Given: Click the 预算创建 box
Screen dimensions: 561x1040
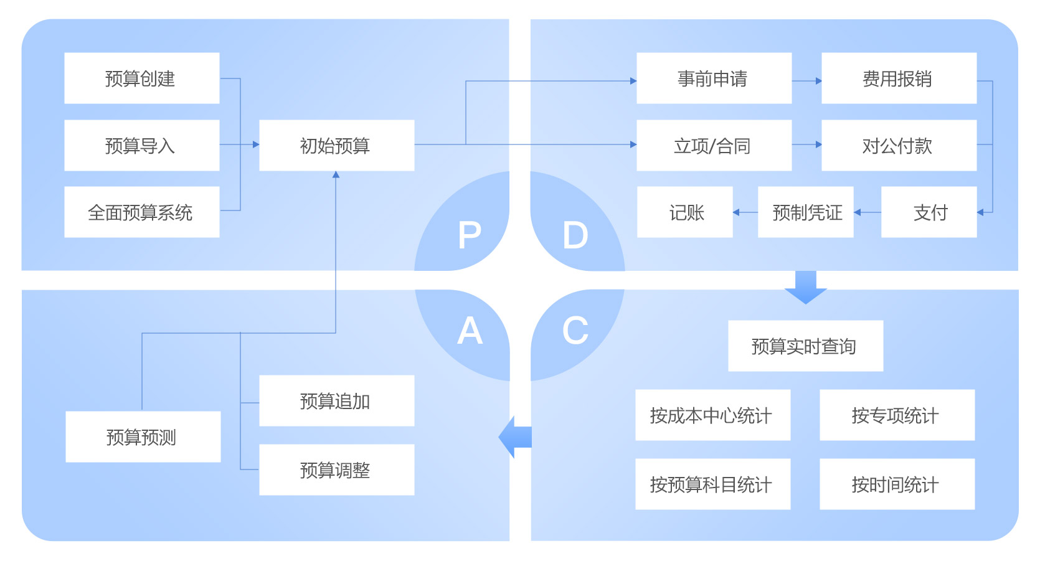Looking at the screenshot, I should click(x=141, y=78).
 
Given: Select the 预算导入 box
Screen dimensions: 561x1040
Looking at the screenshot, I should click(x=141, y=146).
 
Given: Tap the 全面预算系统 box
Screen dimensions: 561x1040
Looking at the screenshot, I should click(x=141, y=212).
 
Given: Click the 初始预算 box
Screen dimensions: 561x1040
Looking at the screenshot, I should click(x=336, y=146).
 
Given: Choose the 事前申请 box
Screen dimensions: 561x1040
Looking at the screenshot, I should click(x=714, y=78).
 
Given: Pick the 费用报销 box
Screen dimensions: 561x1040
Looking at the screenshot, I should click(x=899, y=78).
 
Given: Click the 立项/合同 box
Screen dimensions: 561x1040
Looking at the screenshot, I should click(x=714, y=146).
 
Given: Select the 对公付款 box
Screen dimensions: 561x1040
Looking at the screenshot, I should click(x=899, y=146).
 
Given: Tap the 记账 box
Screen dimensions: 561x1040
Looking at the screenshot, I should click(x=685, y=212).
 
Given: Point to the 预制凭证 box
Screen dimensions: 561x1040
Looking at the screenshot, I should click(x=805, y=212).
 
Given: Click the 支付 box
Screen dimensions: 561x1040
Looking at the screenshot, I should click(x=929, y=212).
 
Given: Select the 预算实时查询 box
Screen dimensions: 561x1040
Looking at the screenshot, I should click(x=805, y=346).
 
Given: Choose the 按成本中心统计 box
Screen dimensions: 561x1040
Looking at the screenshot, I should click(x=712, y=415).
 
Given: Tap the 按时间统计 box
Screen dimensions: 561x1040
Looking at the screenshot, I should click(x=897, y=484).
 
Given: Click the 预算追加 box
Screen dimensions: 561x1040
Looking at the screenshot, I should click(x=336, y=401).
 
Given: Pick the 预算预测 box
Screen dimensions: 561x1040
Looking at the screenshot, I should click(x=143, y=437).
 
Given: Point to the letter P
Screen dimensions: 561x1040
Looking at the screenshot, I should click(x=470, y=235).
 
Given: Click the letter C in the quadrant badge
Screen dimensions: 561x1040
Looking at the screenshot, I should click(x=575, y=330).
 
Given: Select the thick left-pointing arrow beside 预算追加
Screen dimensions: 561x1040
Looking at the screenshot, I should click(x=515, y=436).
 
